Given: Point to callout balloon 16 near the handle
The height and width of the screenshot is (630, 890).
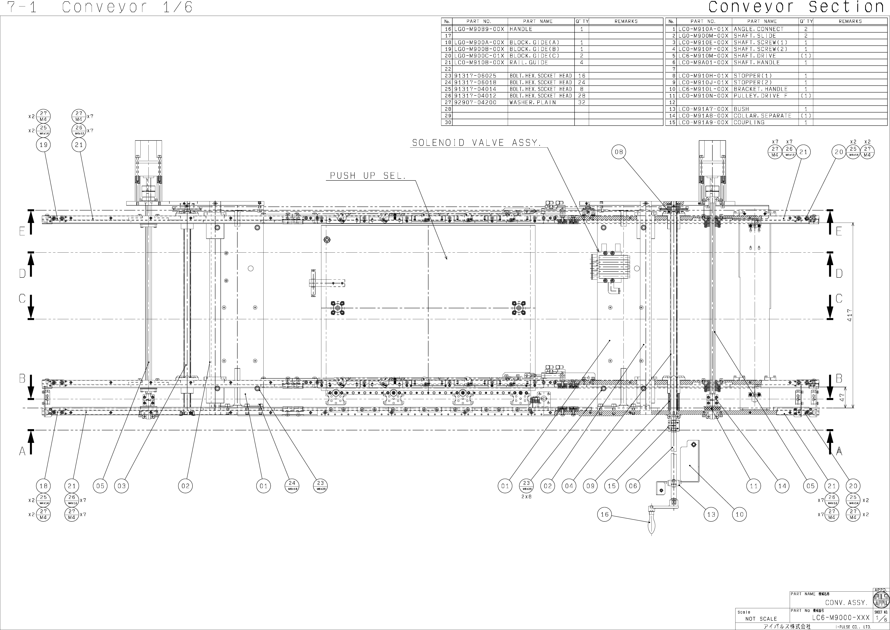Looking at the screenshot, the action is point(605,515).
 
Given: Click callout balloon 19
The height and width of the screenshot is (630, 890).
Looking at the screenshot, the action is point(43,145).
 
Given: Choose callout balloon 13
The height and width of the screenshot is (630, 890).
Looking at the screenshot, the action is point(711,515).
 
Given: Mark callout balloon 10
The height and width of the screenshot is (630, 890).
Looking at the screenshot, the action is point(740,515).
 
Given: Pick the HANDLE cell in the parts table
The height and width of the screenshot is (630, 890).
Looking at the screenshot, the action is point(521,29).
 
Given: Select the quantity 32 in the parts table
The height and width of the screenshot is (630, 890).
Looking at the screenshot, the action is point(581,102).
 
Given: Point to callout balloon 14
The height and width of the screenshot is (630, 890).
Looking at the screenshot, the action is point(782,486).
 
